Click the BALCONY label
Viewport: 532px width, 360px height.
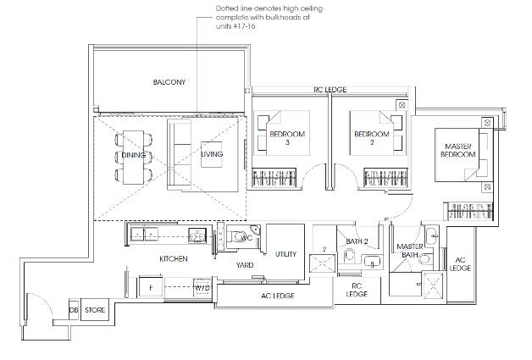169,82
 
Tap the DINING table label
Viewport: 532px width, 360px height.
133,155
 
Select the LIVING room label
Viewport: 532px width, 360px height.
212,154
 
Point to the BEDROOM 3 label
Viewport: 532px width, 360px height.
287,138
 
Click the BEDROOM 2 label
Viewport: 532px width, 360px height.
372,138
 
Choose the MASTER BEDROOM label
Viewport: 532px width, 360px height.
458,150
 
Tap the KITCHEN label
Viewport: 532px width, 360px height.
174,259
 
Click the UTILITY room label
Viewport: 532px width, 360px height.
285,254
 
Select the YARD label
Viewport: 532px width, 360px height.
245,265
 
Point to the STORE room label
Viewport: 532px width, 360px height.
95,310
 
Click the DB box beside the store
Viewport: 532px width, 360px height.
74,310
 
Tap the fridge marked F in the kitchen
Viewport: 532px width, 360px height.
151,288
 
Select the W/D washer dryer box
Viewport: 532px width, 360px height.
202,288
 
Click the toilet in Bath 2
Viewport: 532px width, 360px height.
349,256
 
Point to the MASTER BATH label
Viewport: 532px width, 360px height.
409,250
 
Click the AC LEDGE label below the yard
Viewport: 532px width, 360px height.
278,296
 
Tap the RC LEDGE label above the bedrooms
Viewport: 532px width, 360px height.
330,90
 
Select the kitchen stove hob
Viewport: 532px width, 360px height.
197,235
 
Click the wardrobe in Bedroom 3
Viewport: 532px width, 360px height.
274,177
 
